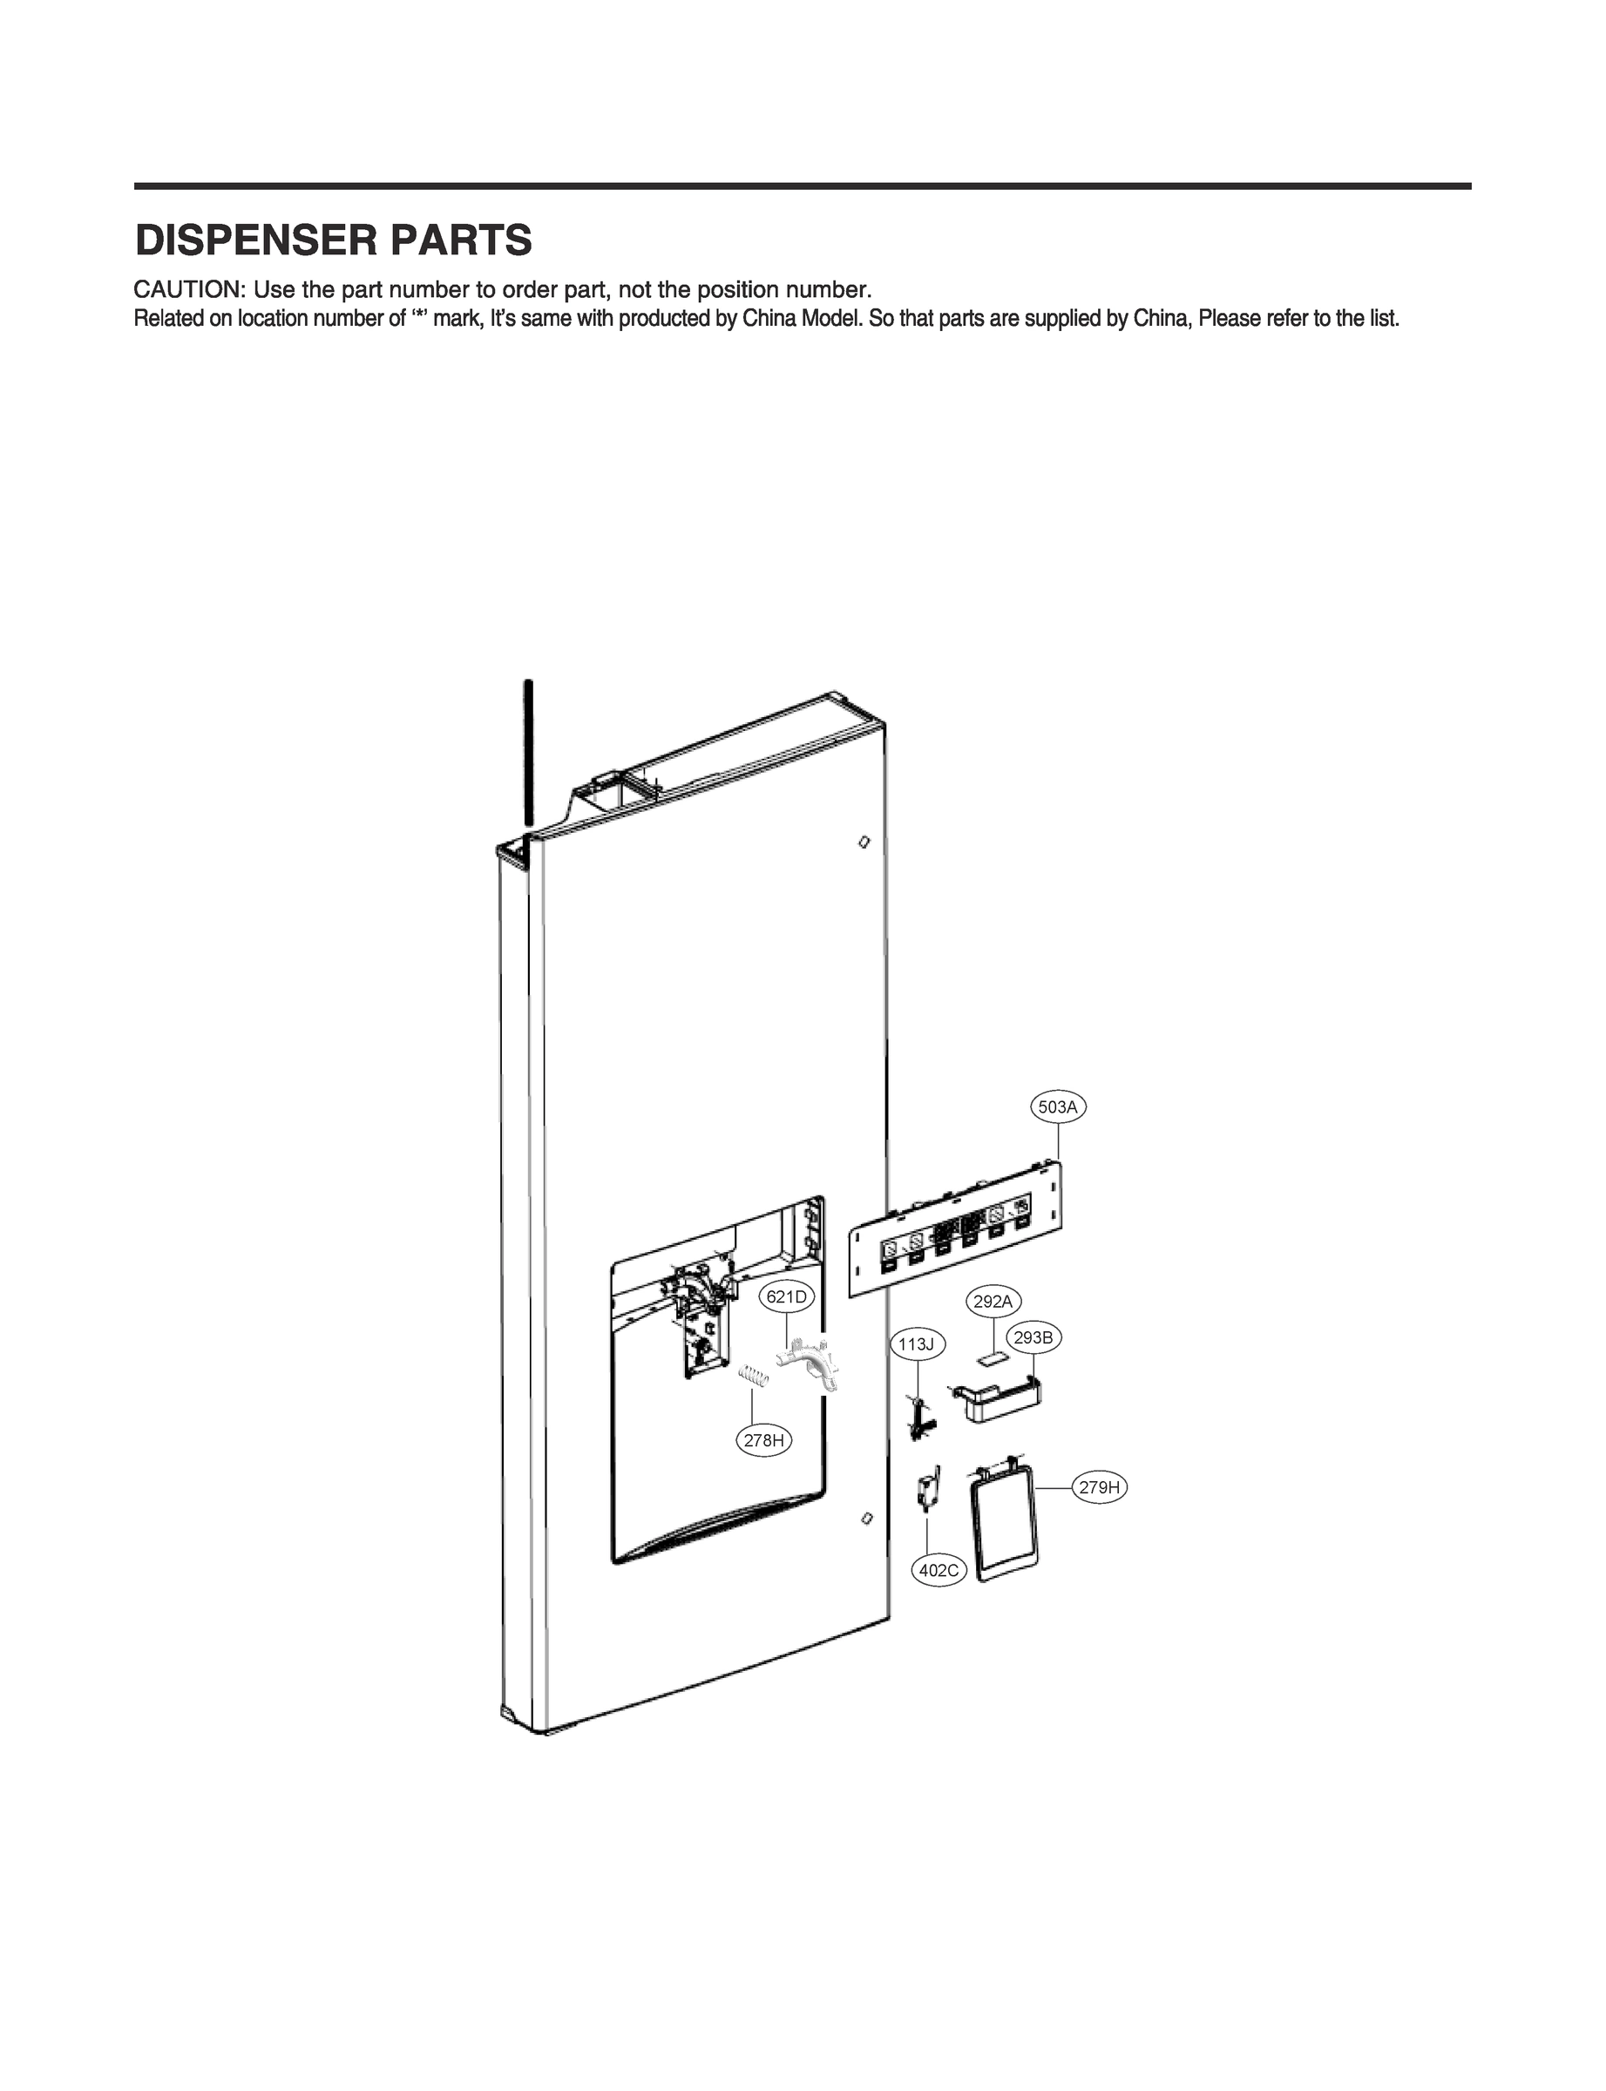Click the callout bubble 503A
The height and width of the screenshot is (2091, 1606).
tap(1057, 1106)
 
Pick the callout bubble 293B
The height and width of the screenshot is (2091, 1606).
tap(1033, 1338)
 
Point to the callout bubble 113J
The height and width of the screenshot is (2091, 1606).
tap(916, 1344)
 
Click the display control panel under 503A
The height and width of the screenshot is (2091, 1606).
tap(956, 1234)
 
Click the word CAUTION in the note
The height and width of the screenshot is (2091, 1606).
tap(187, 289)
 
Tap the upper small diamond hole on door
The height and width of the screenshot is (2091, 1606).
tap(864, 842)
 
